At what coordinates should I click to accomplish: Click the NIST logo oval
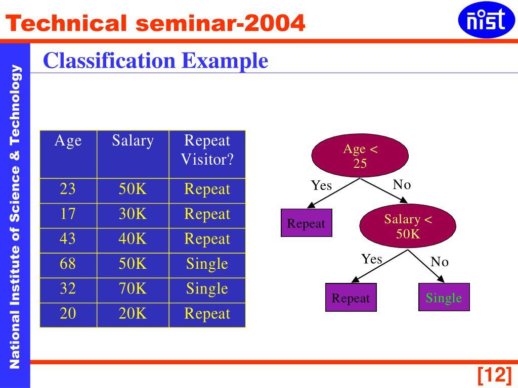(486, 20)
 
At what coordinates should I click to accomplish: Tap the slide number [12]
(495, 375)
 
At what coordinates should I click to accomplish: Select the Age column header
(68, 155)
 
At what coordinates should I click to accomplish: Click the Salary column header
(133, 155)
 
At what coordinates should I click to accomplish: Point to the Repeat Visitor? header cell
(207, 155)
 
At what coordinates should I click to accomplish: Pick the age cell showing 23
(68, 191)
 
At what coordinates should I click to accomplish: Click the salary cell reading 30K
(133, 216)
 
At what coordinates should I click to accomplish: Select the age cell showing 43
(68, 240)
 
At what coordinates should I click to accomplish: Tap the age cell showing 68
(68, 266)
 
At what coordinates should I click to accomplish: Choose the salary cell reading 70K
(133, 290)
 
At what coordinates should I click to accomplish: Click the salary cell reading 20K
(133, 315)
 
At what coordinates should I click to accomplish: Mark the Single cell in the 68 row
(207, 266)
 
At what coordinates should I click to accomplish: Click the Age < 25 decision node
(360, 156)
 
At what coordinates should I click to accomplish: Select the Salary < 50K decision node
(408, 226)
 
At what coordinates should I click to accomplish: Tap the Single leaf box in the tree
(444, 297)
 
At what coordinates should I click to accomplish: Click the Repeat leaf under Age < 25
(306, 223)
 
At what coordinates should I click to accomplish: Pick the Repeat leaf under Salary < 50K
(351, 297)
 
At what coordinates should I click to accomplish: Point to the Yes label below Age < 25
(321, 185)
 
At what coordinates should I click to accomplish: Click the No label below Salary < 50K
(440, 262)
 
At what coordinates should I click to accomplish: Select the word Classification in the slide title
(109, 61)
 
